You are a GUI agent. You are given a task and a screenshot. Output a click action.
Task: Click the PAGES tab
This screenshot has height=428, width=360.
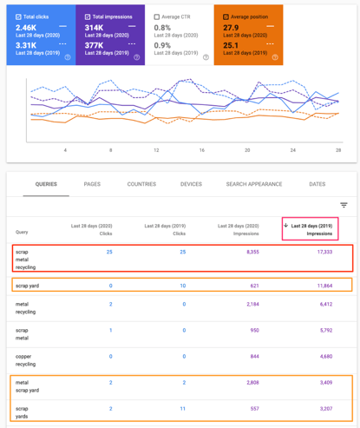(x=92, y=184)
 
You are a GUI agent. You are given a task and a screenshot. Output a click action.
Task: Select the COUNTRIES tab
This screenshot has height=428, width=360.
(x=141, y=184)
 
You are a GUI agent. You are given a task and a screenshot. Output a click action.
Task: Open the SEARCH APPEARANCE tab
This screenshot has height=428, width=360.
(x=254, y=184)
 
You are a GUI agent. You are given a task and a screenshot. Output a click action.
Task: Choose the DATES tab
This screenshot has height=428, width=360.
(x=317, y=184)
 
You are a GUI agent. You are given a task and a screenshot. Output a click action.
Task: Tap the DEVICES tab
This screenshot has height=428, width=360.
(x=191, y=184)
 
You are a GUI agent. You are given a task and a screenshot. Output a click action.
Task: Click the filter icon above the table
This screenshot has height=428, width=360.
(x=344, y=206)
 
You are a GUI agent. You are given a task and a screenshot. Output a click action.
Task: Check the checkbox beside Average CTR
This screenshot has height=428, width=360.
(x=157, y=16)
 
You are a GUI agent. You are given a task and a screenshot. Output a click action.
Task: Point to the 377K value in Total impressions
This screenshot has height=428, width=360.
(x=95, y=44)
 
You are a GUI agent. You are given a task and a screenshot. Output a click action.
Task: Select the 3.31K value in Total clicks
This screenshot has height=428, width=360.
(x=26, y=44)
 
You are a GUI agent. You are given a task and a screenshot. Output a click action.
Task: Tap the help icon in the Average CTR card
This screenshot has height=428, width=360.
(x=206, y=57)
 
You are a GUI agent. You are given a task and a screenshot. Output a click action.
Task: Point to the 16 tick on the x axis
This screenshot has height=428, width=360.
(x=201, y=149)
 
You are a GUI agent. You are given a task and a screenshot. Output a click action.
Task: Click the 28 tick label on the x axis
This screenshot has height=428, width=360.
(x=337, y=149)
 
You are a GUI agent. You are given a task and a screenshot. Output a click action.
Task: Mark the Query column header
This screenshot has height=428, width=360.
(x=22, y=232)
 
